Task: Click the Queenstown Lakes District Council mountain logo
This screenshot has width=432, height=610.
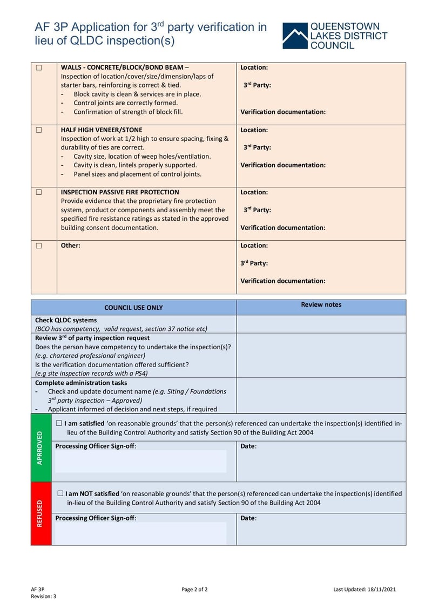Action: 294,36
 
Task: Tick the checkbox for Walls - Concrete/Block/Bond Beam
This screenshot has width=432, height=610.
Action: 39,68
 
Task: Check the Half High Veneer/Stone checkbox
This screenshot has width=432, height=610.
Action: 39,130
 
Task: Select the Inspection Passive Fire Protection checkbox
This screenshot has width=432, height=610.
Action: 39,192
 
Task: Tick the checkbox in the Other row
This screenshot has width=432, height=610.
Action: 39,246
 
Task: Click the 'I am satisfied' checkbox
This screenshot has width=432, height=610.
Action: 59,424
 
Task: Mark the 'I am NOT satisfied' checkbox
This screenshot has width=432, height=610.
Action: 60,493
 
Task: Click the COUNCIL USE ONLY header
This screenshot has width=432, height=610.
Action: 133,308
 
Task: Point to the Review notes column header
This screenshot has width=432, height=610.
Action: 321,304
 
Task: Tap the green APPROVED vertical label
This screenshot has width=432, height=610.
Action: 40,448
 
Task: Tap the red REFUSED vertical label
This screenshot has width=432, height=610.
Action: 40,513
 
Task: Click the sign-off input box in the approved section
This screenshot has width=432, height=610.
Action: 140,462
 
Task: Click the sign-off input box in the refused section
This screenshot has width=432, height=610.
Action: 140,533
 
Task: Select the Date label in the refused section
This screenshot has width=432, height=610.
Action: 248,518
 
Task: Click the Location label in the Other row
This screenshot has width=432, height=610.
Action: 254,246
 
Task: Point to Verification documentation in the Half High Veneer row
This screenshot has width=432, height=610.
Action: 282,165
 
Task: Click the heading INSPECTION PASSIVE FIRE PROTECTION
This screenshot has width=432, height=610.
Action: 120,192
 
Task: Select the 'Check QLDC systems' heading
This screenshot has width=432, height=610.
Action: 66,320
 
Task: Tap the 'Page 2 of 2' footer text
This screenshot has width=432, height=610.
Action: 194,589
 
